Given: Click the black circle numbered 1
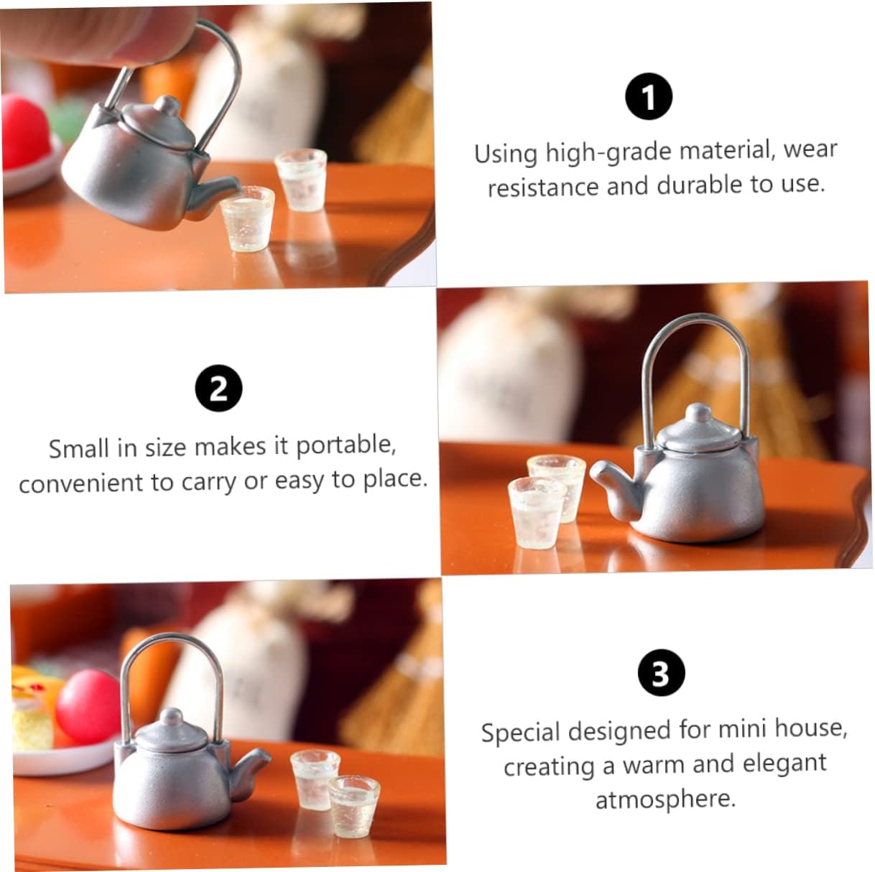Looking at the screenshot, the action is click(x=649, y=96).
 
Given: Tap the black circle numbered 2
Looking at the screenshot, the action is click(x=218, y=389).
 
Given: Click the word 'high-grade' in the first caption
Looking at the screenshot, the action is click(x=608, y=152).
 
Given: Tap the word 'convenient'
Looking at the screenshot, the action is click(x=81, y=483).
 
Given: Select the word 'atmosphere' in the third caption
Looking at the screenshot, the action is click(x=665, y=799).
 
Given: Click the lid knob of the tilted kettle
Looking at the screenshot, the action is click(x=167, y=106).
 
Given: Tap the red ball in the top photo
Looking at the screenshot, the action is click(x=25, y=131).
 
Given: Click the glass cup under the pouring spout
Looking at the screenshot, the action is click(x=247, y=218).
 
